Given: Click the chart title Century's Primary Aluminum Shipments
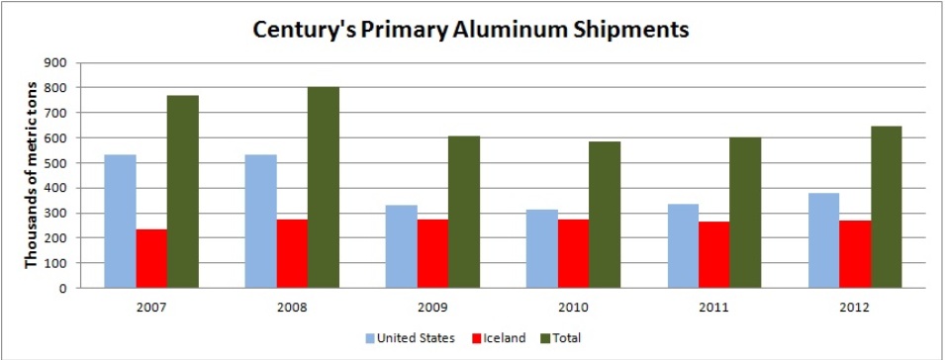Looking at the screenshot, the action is click(x=471, y=30).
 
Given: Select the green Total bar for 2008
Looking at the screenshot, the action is click(x=323, y=187).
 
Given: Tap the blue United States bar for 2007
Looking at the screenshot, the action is click(x=120, y=222).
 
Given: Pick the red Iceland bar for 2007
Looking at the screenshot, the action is click(x=151, y=259).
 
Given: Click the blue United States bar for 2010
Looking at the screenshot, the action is click(x=542, y=248).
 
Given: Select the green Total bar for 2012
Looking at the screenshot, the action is click(x=886, y=207).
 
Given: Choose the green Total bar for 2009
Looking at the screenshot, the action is click(x=464, y=212).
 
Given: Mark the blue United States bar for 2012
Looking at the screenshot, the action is click(x=823, y=240).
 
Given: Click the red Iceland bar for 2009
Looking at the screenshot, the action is click(x=432, y=253).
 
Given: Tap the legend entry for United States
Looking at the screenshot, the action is click(x=410, y=338).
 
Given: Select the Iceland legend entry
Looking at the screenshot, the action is click(x=498, y=338).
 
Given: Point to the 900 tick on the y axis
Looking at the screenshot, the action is click(x=58, y=62).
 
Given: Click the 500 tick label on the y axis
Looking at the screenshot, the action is click(x=58, y=163).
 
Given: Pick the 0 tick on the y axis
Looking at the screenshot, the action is click(x=63, y=289).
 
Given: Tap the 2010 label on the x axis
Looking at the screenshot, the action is click(x=573, y=308).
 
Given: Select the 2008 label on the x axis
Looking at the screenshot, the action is click(x=292, y=308).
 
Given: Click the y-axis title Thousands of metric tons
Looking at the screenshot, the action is click(x=31, y=174).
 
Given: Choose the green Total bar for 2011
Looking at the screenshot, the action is click(x=745, y=213).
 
